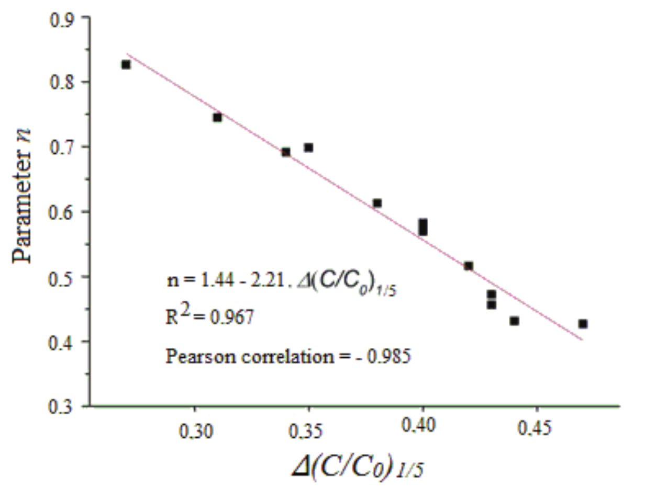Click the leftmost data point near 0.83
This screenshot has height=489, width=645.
[x=126, y=65]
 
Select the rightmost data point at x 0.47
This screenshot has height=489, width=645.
[x=583, y=324]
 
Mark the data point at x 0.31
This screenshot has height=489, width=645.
[x=217, y=118]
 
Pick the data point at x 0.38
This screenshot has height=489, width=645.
[x=377, y=203]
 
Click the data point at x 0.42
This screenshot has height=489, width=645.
[x=468, y=266]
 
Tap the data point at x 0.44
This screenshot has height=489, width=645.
[x=514, y=321]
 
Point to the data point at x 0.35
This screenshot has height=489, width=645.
[x=308, y=147]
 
